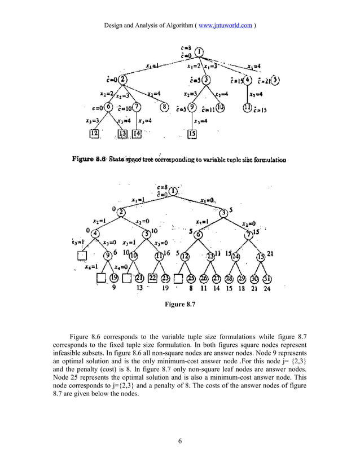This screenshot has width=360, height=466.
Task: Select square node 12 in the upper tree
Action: tap(94, 134)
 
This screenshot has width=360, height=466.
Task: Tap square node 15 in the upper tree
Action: tap(192, 134)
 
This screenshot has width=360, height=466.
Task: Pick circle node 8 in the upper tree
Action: tap(165, 107)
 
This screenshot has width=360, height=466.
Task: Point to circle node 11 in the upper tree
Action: tap(247, 107)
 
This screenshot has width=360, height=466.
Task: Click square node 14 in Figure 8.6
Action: tap(137, 134)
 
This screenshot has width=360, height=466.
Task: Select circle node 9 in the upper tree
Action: tap(192, 107)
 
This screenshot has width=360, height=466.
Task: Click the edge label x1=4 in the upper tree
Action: tap(253, 66)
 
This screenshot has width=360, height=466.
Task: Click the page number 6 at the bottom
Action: tap(179, 441)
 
